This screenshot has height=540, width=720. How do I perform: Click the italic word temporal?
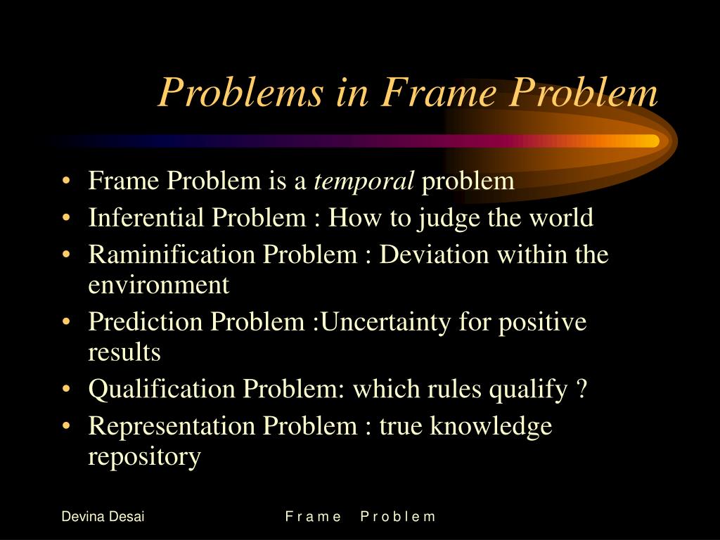364,181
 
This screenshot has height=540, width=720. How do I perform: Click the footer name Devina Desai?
103,517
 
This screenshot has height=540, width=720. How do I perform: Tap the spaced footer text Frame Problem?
361,517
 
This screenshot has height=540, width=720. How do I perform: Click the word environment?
158,285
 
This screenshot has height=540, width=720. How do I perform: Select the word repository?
144,457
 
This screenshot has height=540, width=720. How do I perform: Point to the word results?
124,352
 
